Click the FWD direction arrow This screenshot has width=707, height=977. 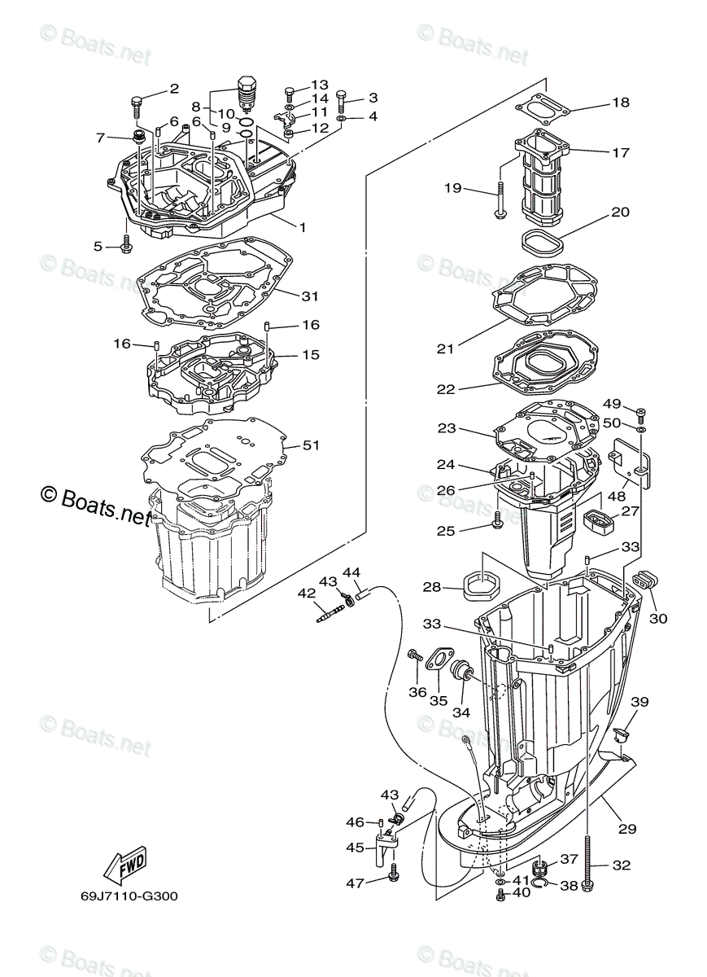point(128,866)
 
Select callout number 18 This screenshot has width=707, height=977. point(621,103)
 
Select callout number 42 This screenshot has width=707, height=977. point(306,594)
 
